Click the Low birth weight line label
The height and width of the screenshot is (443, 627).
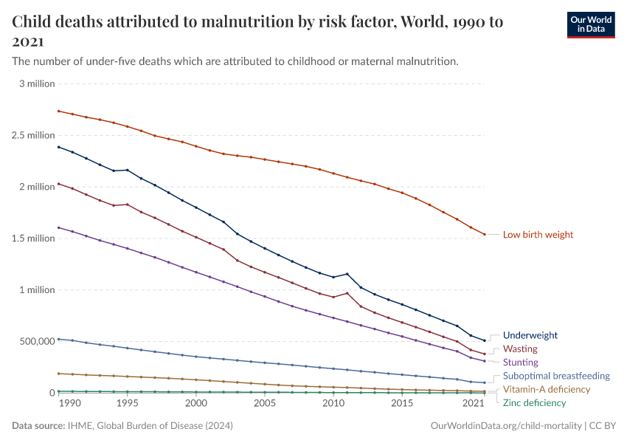[x=538, y=235]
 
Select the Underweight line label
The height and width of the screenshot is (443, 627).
[x=530, y=335]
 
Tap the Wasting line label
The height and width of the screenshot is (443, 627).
[x=520, y=348]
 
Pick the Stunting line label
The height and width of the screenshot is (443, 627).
[x=521, y=363]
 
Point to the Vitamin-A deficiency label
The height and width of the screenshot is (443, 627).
[x=547, y=389]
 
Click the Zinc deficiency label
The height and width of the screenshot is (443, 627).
[x=534, y=403]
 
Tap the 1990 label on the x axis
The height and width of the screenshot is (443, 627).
[x=69, y=404]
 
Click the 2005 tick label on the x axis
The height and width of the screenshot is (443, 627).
[x=265, y=404]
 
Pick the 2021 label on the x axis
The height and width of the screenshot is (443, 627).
[x=473, y=404]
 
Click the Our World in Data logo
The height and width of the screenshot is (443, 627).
[x=590, y=24]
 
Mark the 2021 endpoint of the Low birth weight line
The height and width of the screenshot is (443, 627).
[x=484, y=235]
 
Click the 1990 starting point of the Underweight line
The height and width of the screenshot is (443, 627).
[x=58, y=147]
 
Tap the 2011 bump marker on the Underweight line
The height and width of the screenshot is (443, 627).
[x=347, y=274]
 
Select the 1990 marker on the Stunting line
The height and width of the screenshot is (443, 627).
[x=58, y=227]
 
